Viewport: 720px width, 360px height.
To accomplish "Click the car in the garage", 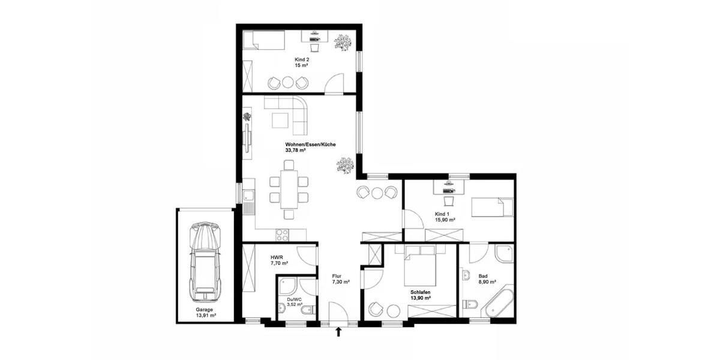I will point(205,262).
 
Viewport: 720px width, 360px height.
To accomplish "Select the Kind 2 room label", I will point(301,62).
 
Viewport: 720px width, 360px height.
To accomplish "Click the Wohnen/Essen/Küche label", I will point(310,148).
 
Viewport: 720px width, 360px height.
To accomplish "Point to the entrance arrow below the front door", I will point(339,331).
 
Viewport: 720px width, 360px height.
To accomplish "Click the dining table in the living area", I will point(289,189).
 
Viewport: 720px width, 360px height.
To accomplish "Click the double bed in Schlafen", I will point(420,266).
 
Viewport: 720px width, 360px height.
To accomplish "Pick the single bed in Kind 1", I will point(492,208).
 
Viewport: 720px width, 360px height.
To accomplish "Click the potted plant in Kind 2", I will point(343,42).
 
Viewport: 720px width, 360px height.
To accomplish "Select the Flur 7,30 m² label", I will point(341,278).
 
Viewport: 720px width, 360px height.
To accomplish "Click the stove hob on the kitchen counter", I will point(282,234).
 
